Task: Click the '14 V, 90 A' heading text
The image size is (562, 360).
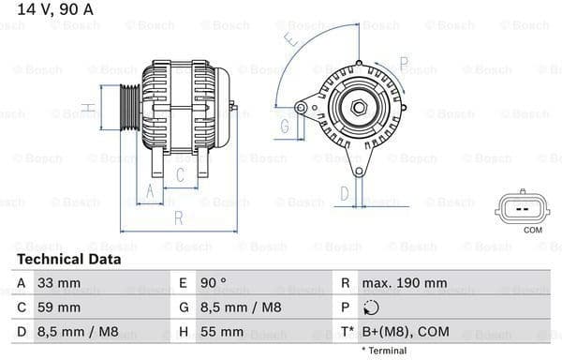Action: click(x=55, y=9)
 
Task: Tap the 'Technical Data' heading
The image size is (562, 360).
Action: click(x=68, y=259)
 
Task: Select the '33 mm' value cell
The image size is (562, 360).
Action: click(x=59, y=282)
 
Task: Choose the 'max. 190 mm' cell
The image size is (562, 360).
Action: click(x=406, y=282)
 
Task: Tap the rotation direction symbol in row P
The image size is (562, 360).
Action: click(x=372, y=307)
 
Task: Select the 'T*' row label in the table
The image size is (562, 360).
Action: click(x=347, y=332)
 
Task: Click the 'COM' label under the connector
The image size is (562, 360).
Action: click(x=532, y=230)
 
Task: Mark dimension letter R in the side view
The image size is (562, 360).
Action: click(x=177, y=217)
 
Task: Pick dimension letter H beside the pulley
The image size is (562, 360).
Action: click(x=87, y=108)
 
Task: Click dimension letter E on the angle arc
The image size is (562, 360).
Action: click(x=293, y=40)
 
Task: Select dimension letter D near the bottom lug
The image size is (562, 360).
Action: click(x=344, y=194)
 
